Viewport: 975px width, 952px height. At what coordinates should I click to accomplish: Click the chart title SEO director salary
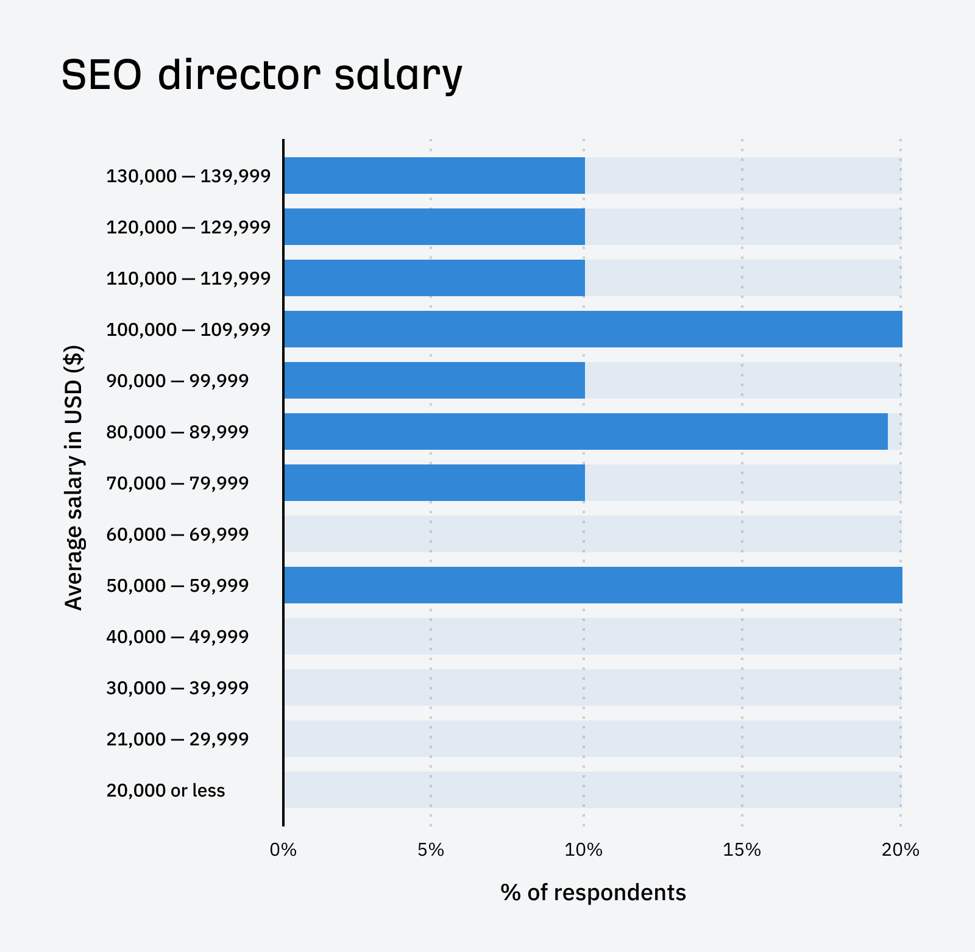pyautogui.click(x=262, y=76)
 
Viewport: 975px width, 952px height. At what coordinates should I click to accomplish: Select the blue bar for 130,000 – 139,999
pyautogui.click(x=434, y=176)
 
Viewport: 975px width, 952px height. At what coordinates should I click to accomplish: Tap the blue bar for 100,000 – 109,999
pyautogui.click(x=593, y=329)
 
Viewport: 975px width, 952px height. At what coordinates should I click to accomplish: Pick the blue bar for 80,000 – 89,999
pyautogui.click(x=586, y=432)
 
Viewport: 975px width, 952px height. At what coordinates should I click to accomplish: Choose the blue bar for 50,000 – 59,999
pyautogui.click(x=593, y=585)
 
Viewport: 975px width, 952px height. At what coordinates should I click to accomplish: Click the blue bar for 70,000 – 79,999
pyautogui.click(x=434, y=483)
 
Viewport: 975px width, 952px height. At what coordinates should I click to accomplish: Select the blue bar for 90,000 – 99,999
pyautogui.click(x=434, y=380)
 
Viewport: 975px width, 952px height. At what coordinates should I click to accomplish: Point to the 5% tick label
pyautogui.click(x=430, y=850)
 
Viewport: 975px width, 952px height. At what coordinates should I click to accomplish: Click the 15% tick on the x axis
pyautogui.click(x=742, y=850)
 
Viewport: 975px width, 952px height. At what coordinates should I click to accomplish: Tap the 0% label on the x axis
pyautogui.click(x=283, y=850)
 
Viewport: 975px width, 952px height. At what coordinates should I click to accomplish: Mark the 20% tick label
pyautogui.click(x=900, y=850)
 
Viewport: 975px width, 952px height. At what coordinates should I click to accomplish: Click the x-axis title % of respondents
pyautogui.click(x=593, y=892)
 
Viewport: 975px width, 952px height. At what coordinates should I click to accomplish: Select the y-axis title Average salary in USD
pyautogui.click(x=74, y=478)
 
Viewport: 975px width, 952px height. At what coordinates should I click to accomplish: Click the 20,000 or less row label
pyautogui.click(x=166, y=790)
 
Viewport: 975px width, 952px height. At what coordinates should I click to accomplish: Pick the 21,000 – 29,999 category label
pyautogui.click(x=177, y=739)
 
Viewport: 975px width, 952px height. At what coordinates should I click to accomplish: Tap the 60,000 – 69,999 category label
pyautogui.click(x=177, y=535)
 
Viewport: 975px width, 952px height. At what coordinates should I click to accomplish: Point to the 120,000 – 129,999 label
pyautogui.click(x=188, y=227)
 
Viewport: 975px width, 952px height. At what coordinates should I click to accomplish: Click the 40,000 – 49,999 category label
pyautogui.click(x=177, y=637)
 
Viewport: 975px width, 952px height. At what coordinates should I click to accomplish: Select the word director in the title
pyautogui.click(x=239, y=76)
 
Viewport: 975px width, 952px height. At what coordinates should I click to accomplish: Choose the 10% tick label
pyautogui.click(x=583, y=850)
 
